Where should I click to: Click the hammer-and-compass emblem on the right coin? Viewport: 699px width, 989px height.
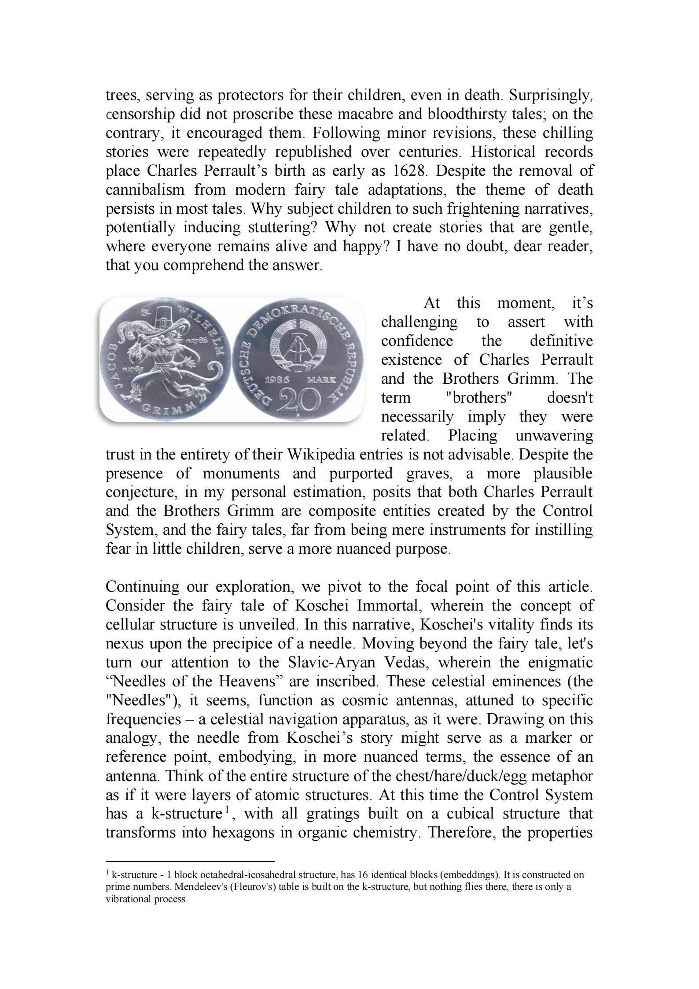coord(298,348)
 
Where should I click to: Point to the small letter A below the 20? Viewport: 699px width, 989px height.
coord(298,415)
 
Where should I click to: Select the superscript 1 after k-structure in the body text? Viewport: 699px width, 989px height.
coord(227,809)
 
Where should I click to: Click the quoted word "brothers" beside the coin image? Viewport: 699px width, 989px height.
coord(478,398)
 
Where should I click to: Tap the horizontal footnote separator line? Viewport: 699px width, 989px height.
coord(190,861)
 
